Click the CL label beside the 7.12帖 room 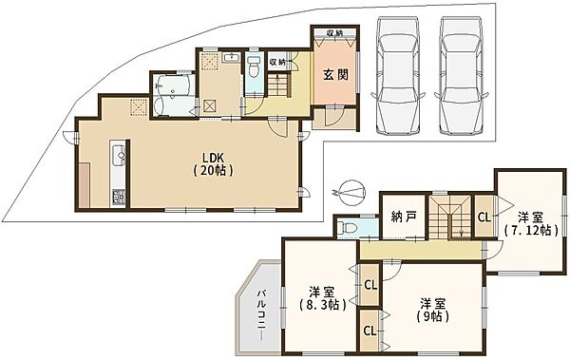(x=483, y=218)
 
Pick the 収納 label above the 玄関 (x=334, y=34)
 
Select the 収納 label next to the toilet (x=276, y=63)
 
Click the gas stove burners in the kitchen (x=119, y=199)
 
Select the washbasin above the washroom (x=231, y=58)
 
